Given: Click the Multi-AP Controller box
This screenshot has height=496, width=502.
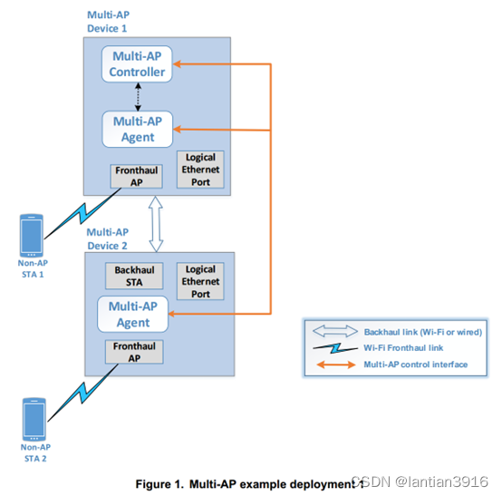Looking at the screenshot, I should (138, 63).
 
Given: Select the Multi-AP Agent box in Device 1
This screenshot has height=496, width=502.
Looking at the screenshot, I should (138, 128).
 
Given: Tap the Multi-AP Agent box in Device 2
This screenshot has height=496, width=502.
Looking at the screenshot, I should (133, 314).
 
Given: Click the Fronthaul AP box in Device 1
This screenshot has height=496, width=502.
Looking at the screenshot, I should (130, 175).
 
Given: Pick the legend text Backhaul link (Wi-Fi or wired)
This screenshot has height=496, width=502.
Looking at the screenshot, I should (422, 332).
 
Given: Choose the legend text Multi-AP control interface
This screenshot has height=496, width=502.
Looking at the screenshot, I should (416, 364).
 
